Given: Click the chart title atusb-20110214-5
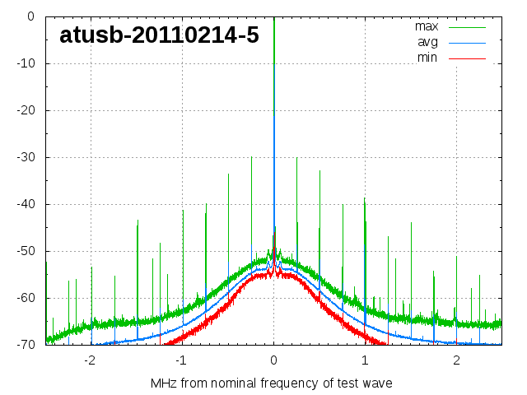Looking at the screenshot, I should click(159, 35).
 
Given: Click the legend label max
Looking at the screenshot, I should click(427, 26).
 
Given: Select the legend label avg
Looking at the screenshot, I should click(427, 42).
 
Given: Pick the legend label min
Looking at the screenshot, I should click(427, 58).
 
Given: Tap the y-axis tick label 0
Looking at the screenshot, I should click(30, 16).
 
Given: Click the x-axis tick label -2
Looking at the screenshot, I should click(89, 360).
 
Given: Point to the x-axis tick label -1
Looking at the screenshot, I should click(180, 360).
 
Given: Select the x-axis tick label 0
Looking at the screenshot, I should click(273, 360).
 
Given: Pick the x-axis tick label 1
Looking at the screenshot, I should click(365, 360).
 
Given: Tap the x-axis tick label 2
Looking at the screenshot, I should click(456, 360).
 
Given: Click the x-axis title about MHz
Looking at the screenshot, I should click(272, 383).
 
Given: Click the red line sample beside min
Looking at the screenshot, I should click(467, 58).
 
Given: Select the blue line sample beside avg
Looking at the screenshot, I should click(467, 42).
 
